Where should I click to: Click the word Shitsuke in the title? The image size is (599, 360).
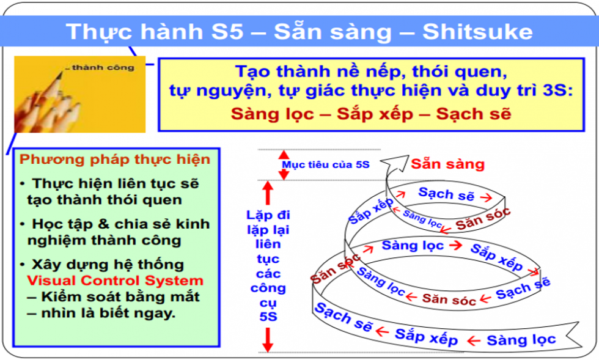[477, 31]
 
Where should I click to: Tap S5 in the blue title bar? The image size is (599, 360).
[227, 31]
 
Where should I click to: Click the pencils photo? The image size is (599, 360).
[80, 94]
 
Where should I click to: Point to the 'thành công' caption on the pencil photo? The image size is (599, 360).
[103, 68]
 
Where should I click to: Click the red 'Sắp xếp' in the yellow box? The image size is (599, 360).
[375, 114]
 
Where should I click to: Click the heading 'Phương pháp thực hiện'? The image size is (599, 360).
[115, 160]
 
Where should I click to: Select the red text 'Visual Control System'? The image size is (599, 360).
[115, 281]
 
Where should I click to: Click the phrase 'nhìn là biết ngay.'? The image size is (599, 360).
[108, 313]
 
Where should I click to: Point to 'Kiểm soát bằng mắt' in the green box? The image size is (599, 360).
[120, 296]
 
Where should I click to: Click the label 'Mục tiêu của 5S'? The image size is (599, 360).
[326, 164]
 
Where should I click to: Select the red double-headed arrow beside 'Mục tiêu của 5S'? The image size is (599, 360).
[284, 164]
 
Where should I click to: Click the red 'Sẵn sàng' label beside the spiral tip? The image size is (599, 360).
[447, 164]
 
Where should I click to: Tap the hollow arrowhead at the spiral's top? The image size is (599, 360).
[397, 163]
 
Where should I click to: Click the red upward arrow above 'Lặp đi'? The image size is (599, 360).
[268, 193]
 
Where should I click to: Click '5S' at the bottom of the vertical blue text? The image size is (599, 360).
[268, 317]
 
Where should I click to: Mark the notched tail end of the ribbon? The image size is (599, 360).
[573, 335]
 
